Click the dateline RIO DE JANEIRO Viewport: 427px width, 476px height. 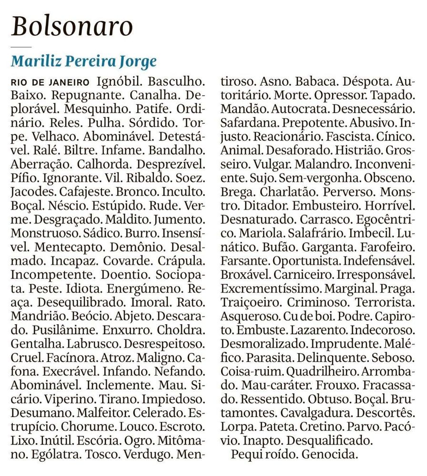click(x=50, y=81)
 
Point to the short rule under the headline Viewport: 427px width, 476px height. click(x=20, y=47)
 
